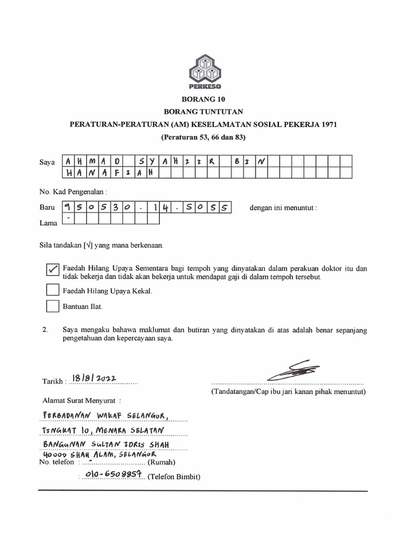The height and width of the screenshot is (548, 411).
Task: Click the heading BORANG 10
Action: [205, 100]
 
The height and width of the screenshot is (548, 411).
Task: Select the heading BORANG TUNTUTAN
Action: [205, 112]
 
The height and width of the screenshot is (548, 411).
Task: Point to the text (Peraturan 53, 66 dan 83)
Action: [205, 137]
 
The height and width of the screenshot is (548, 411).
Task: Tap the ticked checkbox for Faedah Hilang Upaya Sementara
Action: [52, 270]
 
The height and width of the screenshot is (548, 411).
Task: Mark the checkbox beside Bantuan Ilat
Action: [52, 306]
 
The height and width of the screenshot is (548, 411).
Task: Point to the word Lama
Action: [48, 223]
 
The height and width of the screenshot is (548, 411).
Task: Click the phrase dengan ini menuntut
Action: [283, 207]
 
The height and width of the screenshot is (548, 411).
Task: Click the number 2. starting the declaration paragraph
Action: [45, 330]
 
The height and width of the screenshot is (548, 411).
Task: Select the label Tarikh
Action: [54, 382]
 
